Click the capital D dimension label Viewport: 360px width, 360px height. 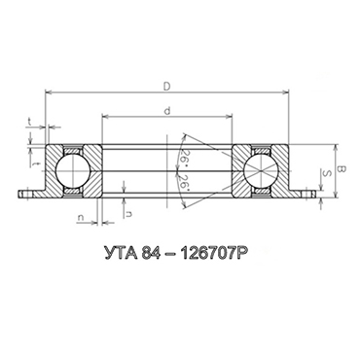pos(166,87)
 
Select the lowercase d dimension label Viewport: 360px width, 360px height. pos(167,111)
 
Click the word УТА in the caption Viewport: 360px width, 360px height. pos(120,253)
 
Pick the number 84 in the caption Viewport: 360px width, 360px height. pos(151,253)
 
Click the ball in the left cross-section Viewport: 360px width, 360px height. pos(73,170)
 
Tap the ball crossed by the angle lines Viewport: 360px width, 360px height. pos(261,170)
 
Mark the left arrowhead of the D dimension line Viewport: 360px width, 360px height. pos(48,92)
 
